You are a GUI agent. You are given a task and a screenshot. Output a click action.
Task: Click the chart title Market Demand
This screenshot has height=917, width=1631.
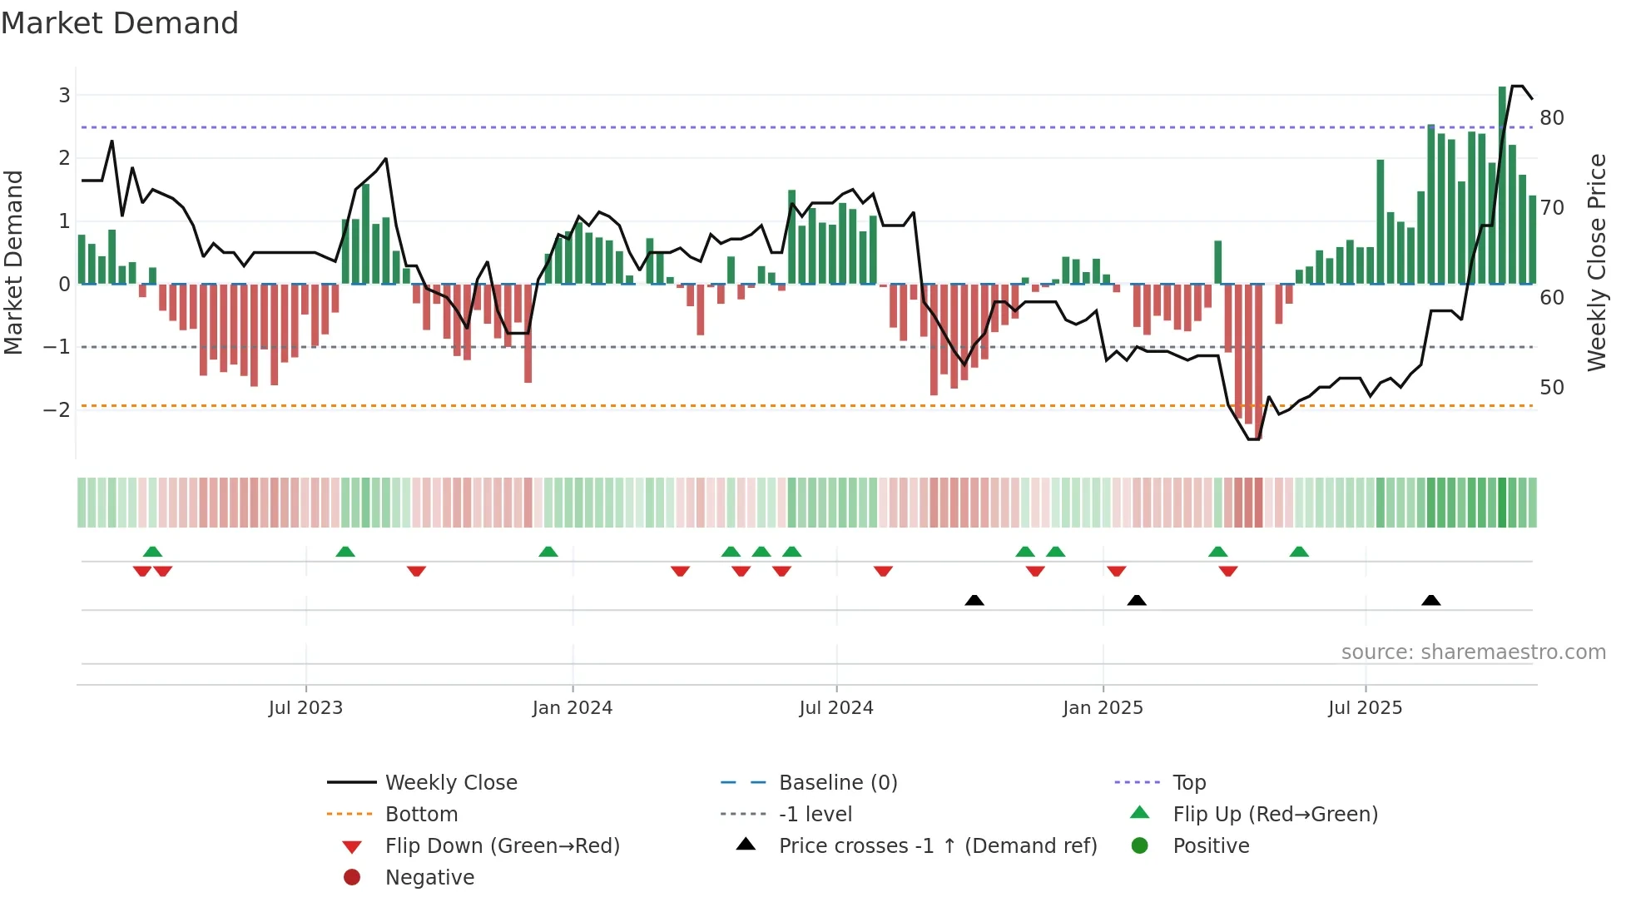[120, 23]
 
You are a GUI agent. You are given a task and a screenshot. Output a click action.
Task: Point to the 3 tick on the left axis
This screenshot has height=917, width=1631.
[64, 95]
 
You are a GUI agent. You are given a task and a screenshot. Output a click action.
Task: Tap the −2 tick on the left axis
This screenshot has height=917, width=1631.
[57, 409]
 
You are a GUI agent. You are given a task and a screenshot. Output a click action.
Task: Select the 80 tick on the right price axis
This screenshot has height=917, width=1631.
[1551, 117]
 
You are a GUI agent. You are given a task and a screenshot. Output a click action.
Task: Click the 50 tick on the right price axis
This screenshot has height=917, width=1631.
[1551, 387]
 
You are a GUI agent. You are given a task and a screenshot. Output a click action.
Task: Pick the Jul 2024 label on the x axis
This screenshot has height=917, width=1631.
[835, 707]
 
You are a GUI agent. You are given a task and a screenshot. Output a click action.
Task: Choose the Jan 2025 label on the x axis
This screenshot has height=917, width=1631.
[1103, 707]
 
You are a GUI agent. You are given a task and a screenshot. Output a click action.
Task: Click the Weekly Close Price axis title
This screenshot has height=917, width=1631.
[1596, 262]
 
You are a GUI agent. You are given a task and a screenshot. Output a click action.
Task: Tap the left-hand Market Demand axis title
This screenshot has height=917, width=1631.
[13, 262]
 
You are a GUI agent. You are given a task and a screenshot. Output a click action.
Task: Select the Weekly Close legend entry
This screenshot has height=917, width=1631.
[451, 782]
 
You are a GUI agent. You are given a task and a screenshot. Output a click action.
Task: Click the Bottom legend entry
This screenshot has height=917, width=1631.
[421, 814]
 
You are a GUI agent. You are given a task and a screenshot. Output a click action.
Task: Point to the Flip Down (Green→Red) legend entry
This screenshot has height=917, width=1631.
[502, 845]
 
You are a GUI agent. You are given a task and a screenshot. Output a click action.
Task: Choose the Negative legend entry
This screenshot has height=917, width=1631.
[429, 877]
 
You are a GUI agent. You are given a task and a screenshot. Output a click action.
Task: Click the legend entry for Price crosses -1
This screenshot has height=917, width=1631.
[937, 845]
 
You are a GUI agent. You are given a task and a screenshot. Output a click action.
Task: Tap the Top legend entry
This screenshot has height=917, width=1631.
[1189, 782]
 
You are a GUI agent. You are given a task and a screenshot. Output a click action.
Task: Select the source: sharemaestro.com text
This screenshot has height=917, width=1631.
[1473, 652]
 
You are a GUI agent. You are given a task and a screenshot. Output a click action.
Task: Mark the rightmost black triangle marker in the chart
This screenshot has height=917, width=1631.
[1430, 600]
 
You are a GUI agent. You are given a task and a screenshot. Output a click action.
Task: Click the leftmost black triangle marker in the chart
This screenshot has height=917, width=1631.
[974, 600]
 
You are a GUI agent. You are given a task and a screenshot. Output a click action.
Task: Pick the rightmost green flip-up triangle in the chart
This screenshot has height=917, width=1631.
[1299, 552]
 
